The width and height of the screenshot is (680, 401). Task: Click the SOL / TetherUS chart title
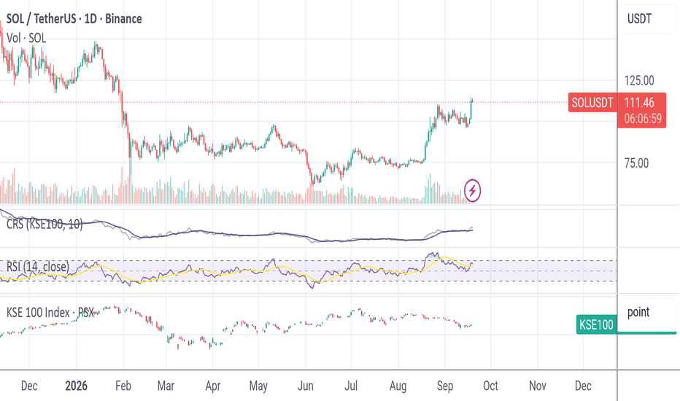(74, 19)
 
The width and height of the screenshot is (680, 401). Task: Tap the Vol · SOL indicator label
(26, 38)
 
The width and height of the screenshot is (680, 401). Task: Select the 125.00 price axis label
(639, 81)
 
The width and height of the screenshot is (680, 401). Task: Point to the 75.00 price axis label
(637, 163)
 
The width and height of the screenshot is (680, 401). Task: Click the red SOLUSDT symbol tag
(592, 103)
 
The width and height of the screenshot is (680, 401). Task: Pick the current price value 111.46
(639, 103)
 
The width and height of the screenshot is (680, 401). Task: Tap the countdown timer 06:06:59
(643, 118)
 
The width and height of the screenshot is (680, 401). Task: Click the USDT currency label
(640, 19)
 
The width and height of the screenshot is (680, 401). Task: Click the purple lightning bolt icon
(472, 190)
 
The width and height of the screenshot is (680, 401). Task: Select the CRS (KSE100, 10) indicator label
(45, 224)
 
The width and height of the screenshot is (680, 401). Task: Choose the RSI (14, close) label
(38, 267)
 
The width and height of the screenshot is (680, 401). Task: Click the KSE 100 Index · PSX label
(50, 313)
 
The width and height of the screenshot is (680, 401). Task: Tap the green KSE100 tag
(596, 324)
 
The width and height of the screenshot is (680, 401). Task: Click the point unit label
(638, 312)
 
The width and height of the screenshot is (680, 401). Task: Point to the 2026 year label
(77, 386)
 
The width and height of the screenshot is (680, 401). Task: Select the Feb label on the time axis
(123, 386)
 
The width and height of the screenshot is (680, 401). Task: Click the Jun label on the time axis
(305, 386)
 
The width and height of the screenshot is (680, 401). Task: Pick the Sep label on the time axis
(445, 386)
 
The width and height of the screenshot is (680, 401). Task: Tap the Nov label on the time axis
(537, 386)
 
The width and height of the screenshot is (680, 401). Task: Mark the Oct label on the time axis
(490, 386)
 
